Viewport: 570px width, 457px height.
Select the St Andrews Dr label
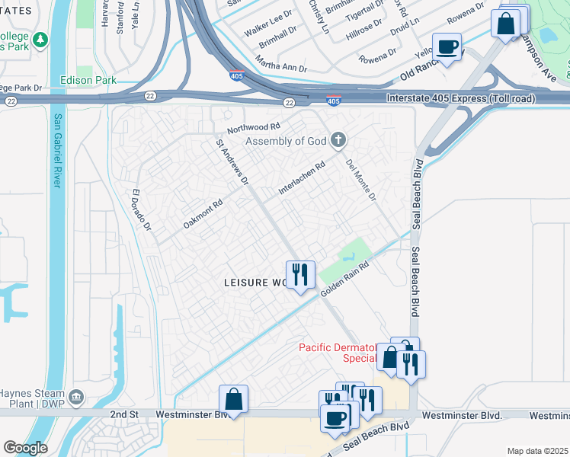[232, 161]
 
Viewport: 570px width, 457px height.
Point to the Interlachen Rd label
[302, 178]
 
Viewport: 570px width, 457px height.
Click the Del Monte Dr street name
[361, 181]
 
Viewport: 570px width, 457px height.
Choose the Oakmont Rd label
[203, 214]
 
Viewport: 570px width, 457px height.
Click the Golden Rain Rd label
[344, 280]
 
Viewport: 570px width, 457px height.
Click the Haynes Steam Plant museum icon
[76, 397]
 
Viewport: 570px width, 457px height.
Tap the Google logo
[25, 447]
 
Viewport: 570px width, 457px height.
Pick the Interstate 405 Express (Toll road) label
[460, 98]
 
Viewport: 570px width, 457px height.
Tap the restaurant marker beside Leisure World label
[300, 273]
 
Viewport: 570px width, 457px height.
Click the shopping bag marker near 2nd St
[233, 398]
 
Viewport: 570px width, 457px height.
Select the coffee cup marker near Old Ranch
[447, 46]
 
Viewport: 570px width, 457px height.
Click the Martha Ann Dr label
[280, 63]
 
